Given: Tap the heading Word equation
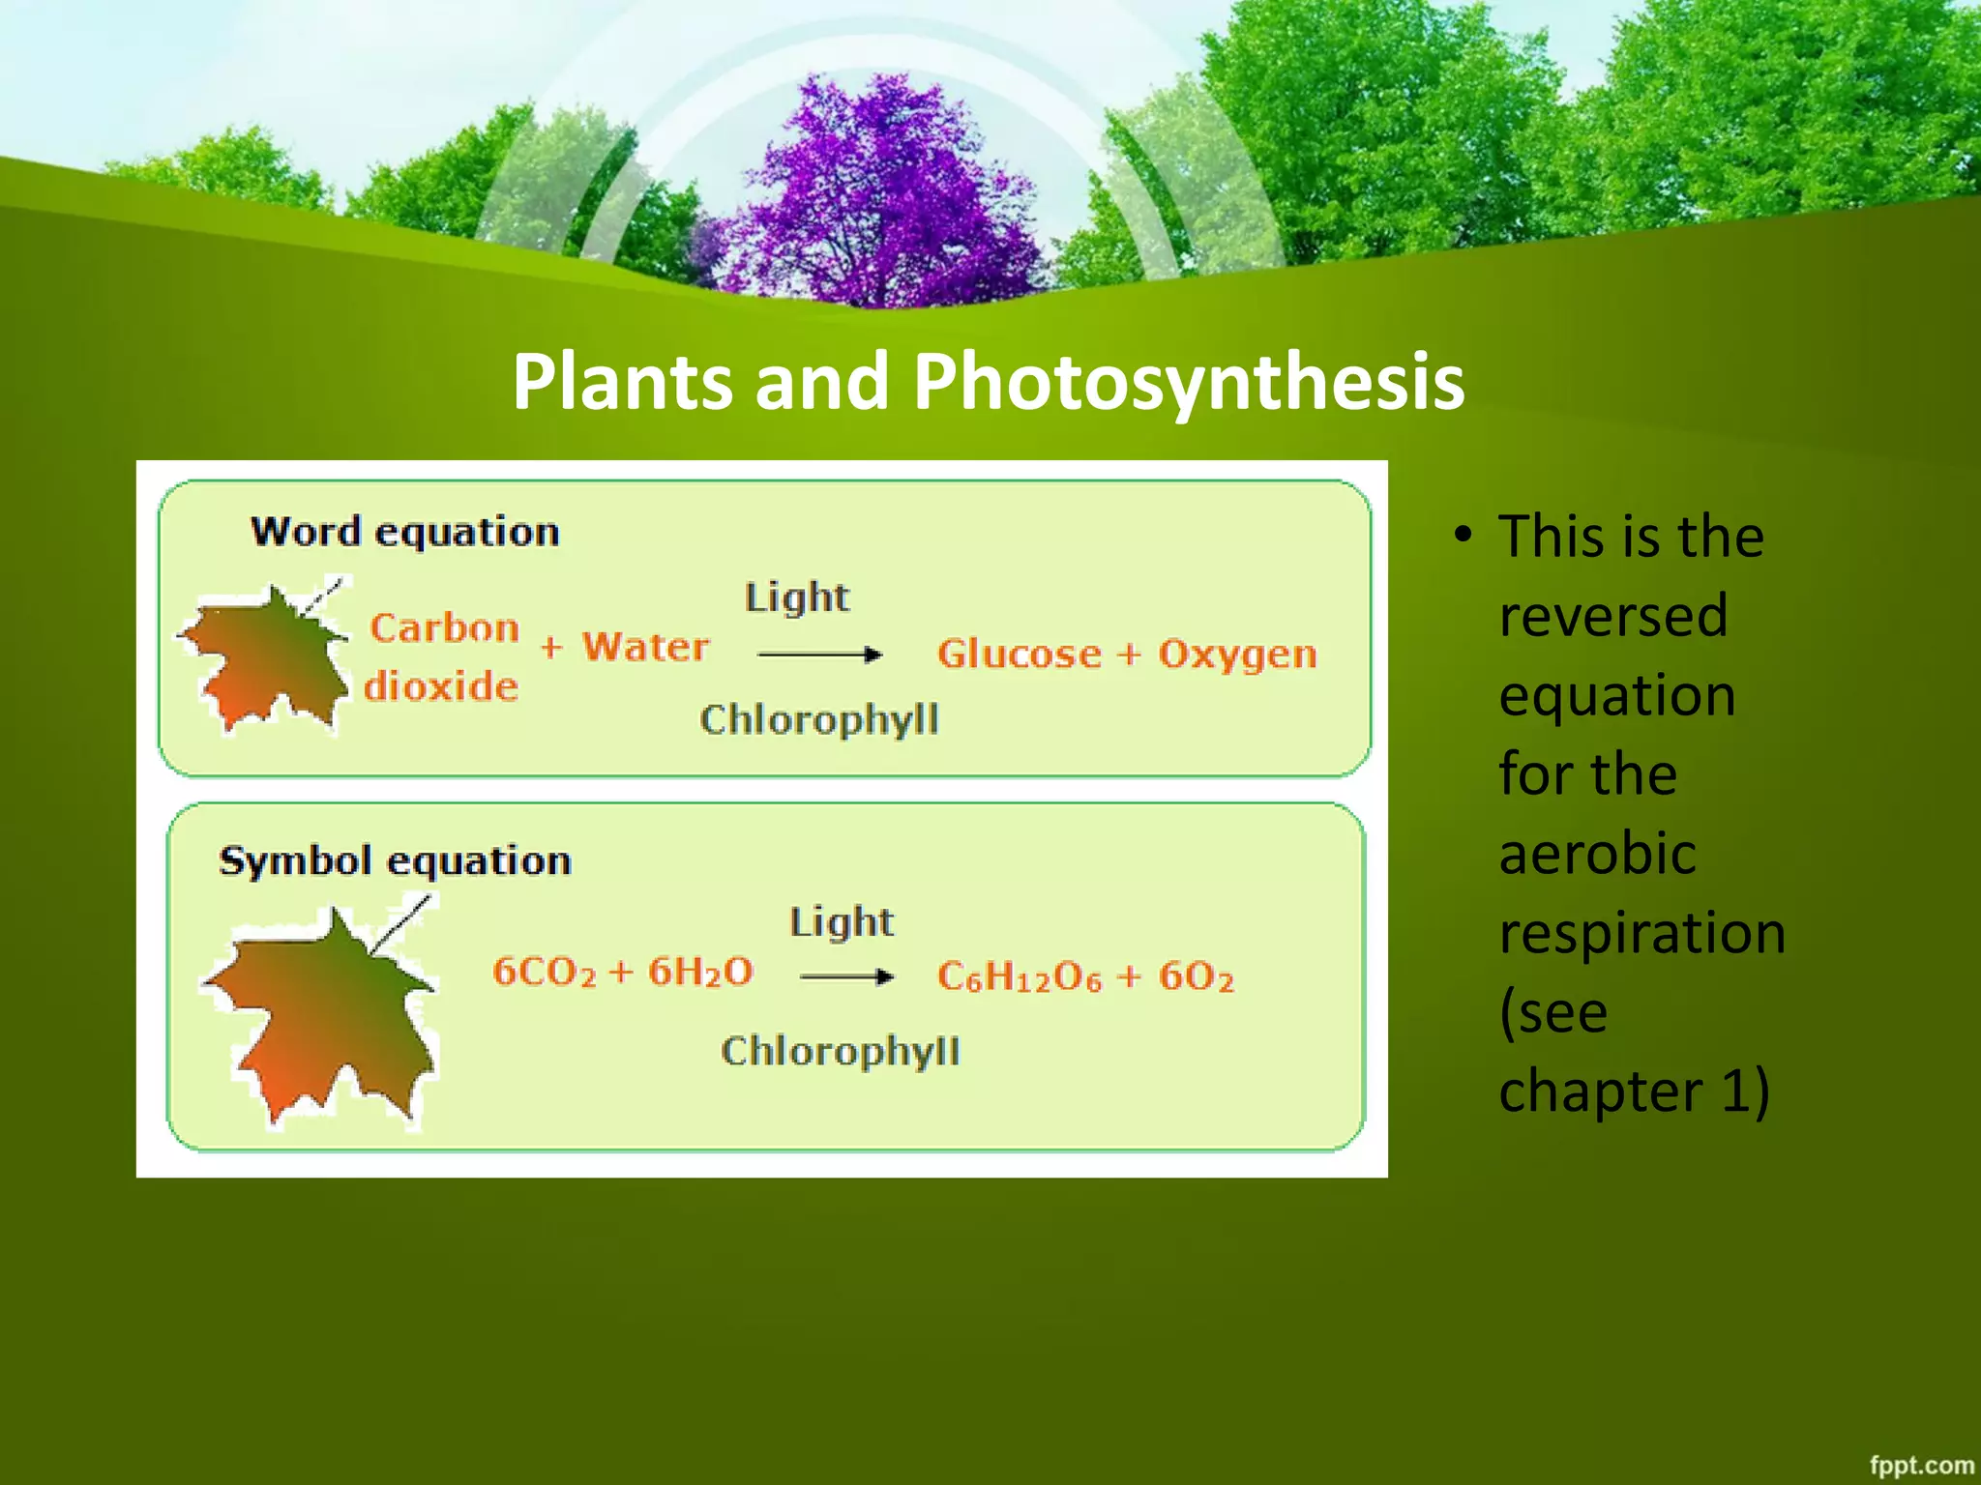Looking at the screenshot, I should (404, 533).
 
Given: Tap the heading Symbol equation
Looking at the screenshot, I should (395, 860).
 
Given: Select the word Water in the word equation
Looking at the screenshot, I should (645, 647).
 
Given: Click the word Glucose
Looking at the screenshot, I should (1019, 655).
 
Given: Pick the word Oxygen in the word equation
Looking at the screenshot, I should (1237, 655).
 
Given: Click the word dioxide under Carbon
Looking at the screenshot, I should (441, 686).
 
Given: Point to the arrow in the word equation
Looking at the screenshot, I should (819, 655).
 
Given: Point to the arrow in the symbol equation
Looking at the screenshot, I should (846, 976).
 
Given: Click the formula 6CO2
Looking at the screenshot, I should (544, 972).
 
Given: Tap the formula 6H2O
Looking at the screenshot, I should (700, 972).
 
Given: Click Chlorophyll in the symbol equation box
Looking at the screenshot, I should (840, 1051).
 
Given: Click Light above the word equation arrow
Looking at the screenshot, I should (797, 597).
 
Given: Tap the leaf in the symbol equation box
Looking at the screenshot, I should (324, 1015).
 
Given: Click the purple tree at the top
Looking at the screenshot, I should (880, 193).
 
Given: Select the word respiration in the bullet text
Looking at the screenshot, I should (1641, 934).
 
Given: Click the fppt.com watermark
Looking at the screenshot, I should (1920, 1466).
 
